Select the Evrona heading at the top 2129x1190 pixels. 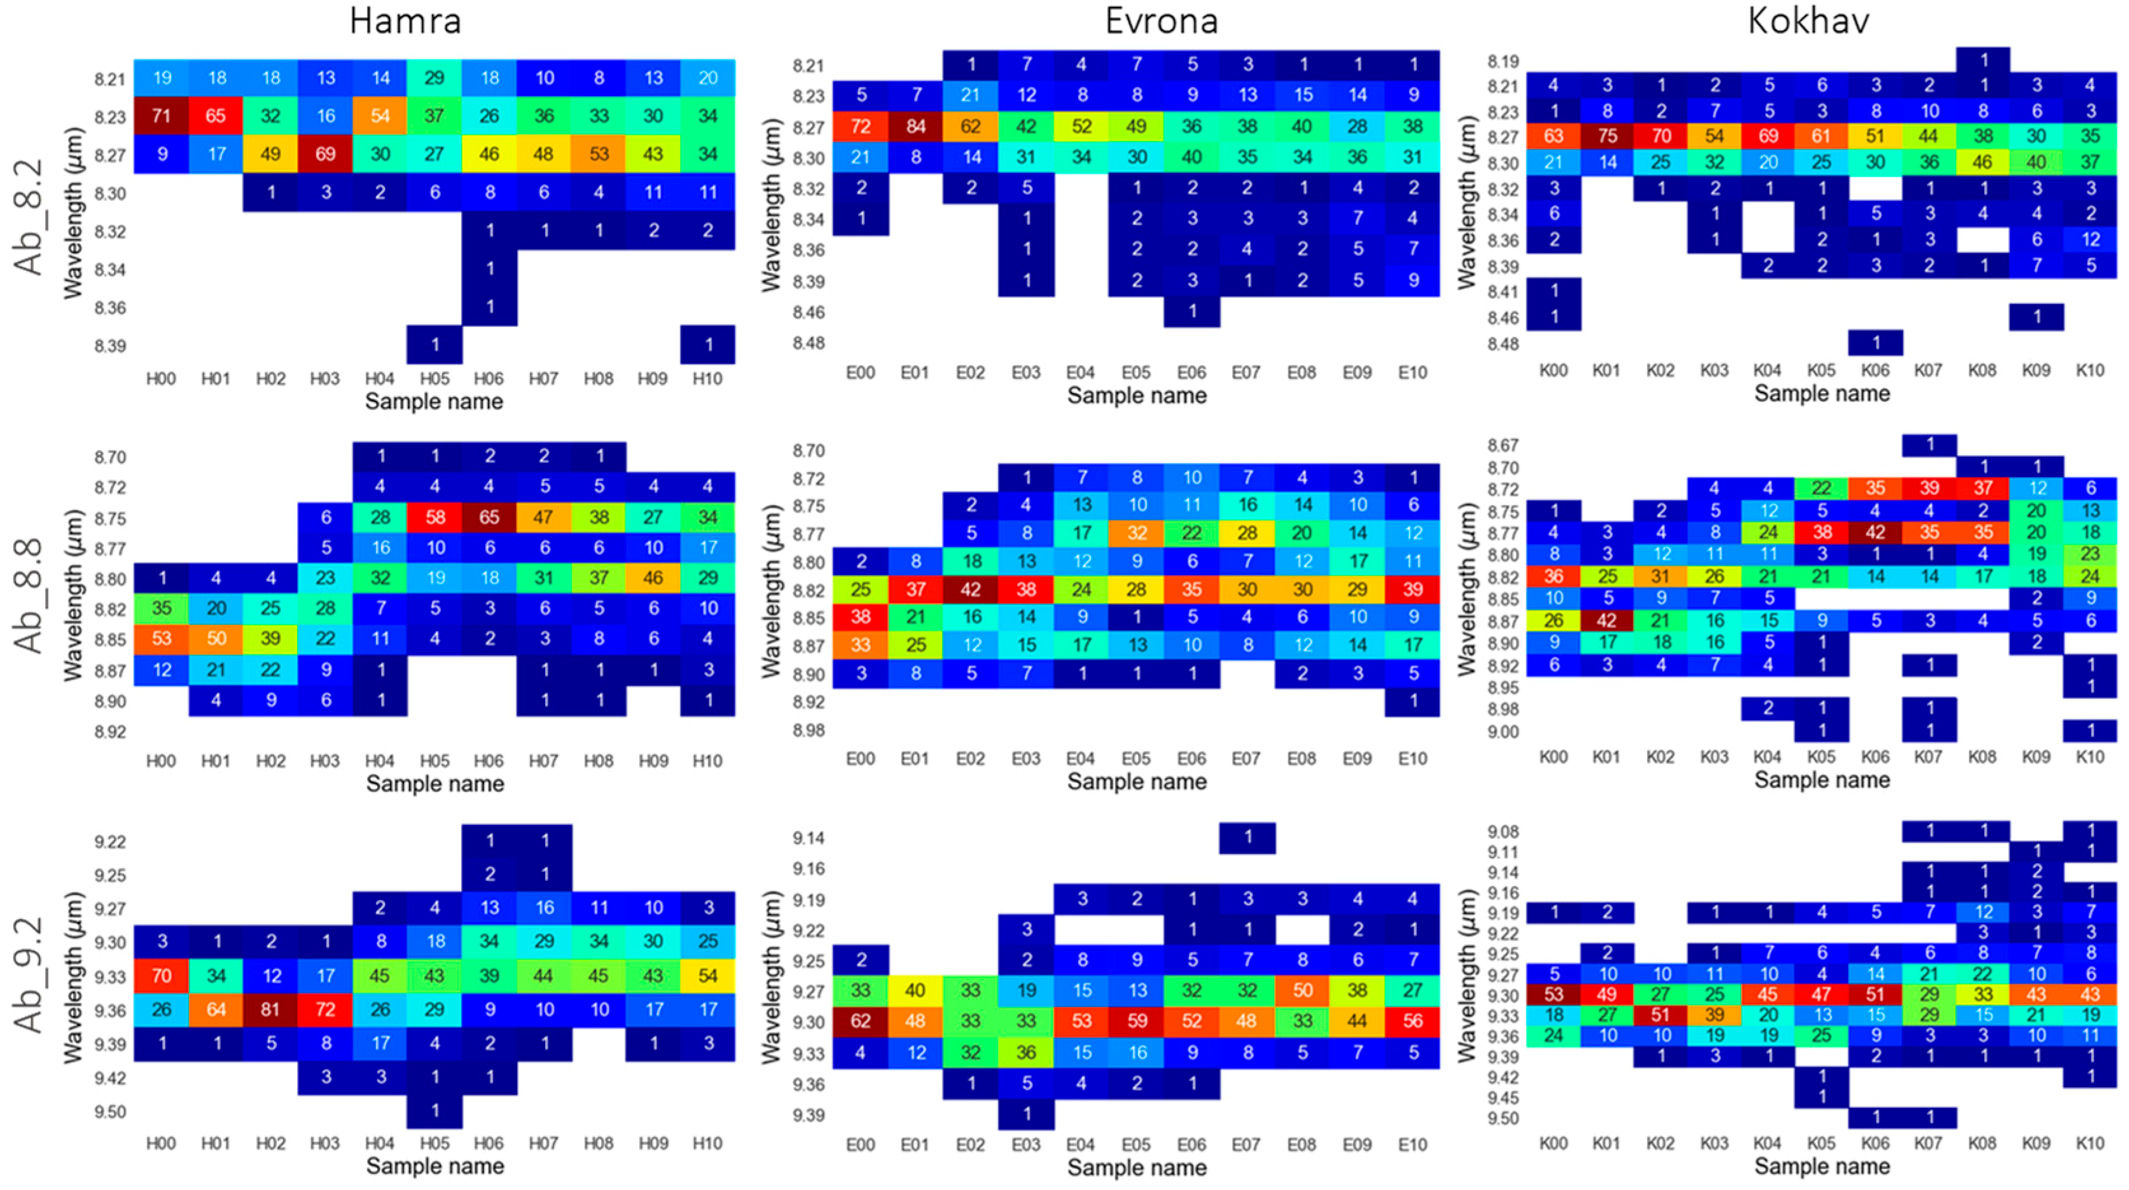[1162, 20]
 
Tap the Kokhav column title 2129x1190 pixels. [1808, 20]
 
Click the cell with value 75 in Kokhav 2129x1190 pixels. [1607, 136]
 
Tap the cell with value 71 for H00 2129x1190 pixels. [162, 116]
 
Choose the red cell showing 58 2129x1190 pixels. [434, 517]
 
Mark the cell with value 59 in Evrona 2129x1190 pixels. [1137, 1021]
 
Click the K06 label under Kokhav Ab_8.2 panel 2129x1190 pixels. [1875, 370]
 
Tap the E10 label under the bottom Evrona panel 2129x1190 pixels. [1413, 1145]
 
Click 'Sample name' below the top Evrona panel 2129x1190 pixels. [1137, 396]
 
